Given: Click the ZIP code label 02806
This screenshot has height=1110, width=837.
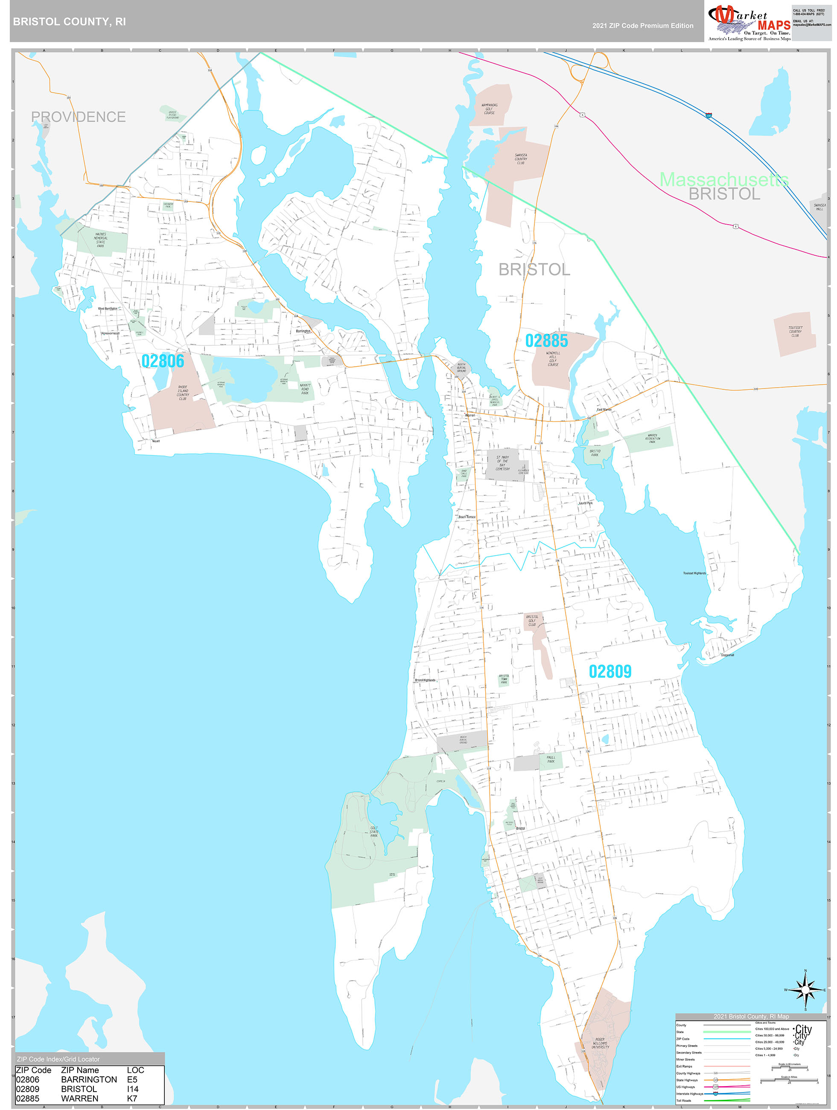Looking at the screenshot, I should click(x=163, y=361).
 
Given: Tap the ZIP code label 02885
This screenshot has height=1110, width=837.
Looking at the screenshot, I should click(x=546, y=341).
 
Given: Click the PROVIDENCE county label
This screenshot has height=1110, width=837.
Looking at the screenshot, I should click(x=78, y=117).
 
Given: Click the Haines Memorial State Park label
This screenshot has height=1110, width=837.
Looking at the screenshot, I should click(x=100, y=240).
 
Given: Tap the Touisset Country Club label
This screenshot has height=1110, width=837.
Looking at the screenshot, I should click(x=795, y=331).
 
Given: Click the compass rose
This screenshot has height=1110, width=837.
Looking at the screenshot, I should click(x=805, y=990).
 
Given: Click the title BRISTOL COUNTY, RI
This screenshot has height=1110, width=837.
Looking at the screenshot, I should click(x=69, y=22).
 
